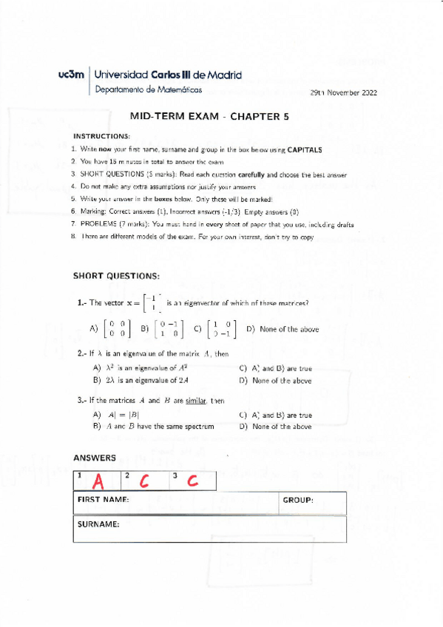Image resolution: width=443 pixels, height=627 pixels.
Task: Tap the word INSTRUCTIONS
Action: pyautogui.click(x=101, y=136)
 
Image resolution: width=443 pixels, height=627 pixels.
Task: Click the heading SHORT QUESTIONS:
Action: pyautogui.click(x=115, y=276)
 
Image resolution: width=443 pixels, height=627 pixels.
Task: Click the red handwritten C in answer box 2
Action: pyautogui.click(x=145, y=481)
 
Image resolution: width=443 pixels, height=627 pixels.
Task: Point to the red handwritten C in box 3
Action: pyautogui.click(x=192, y=481)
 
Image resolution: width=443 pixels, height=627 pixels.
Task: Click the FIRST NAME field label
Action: pyautogui.click(x=103, y=501)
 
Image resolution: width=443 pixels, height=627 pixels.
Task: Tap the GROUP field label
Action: pyautogui.click(x=298, y=501)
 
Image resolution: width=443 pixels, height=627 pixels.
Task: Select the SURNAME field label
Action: pyautogui.click(x=98, y=524)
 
